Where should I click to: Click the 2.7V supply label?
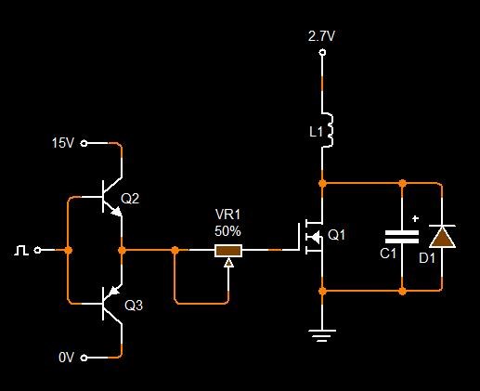pos(321,36)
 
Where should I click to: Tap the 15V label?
pos(63,143)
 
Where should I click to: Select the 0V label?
pos(66,358)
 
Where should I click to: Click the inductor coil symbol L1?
pos(328,130)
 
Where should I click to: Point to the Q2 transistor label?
pos(130,199)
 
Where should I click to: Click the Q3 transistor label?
pos(134,306)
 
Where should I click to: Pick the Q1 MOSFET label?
pos(336,235)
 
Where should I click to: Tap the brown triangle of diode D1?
pos(442,237)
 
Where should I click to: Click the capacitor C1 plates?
pos(402,237)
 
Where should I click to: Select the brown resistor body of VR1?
pos(228,251)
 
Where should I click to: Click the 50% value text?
pos(227,231)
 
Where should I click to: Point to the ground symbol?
pos(322,336)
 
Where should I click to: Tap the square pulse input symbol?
pos(21,250)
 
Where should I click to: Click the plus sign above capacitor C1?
pos(415,218)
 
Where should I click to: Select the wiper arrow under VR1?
pos(228,263)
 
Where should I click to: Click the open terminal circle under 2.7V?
pos(322,52)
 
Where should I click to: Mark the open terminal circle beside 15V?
pos(84,143)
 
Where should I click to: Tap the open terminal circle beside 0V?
pos(84,358)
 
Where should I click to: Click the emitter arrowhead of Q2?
pos(116,212)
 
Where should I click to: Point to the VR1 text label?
pos(228,215)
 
